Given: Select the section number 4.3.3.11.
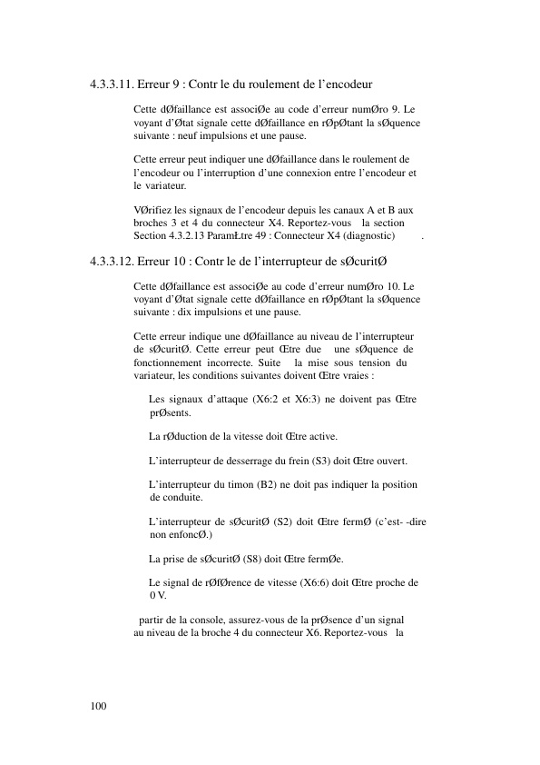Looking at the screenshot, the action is point(113,86).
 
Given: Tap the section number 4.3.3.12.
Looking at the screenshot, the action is point(113,263).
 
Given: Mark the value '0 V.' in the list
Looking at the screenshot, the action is point(157,595).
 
